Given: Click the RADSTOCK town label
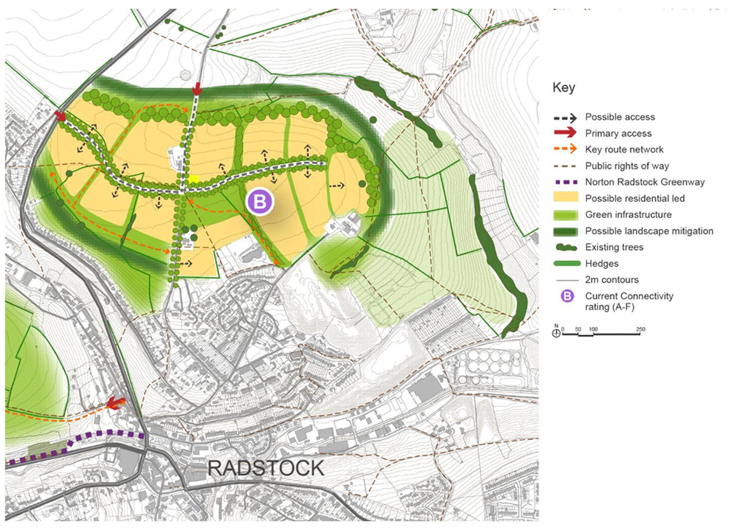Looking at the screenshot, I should point(266,468).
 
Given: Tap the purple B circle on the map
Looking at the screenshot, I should point(260,201).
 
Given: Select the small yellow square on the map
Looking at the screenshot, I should point(194,179).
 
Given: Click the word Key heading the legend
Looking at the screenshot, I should point(564,88).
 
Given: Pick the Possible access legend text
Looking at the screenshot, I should point(620,117).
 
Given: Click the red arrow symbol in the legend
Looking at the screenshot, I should point(565,133).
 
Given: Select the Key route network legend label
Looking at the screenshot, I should point(624,150).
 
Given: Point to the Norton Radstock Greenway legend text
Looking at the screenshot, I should point(644,182).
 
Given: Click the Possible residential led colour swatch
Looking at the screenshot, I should point(565,198).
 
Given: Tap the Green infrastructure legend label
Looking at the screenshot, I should point(628,214).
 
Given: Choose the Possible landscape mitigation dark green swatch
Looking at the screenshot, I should point(565,231).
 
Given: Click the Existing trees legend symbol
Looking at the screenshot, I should point(566,248).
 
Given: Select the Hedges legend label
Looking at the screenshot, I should point(601,264).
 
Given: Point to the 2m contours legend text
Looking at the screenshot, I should point(612,280).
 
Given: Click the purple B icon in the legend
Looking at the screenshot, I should point(567,296).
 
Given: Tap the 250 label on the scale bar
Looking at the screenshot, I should point(640,329).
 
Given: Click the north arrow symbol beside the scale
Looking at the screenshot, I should point(556,333).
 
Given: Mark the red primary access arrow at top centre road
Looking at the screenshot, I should point(197,89).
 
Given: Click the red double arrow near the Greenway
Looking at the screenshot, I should point(116,403).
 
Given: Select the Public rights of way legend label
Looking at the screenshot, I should point(627,166).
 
